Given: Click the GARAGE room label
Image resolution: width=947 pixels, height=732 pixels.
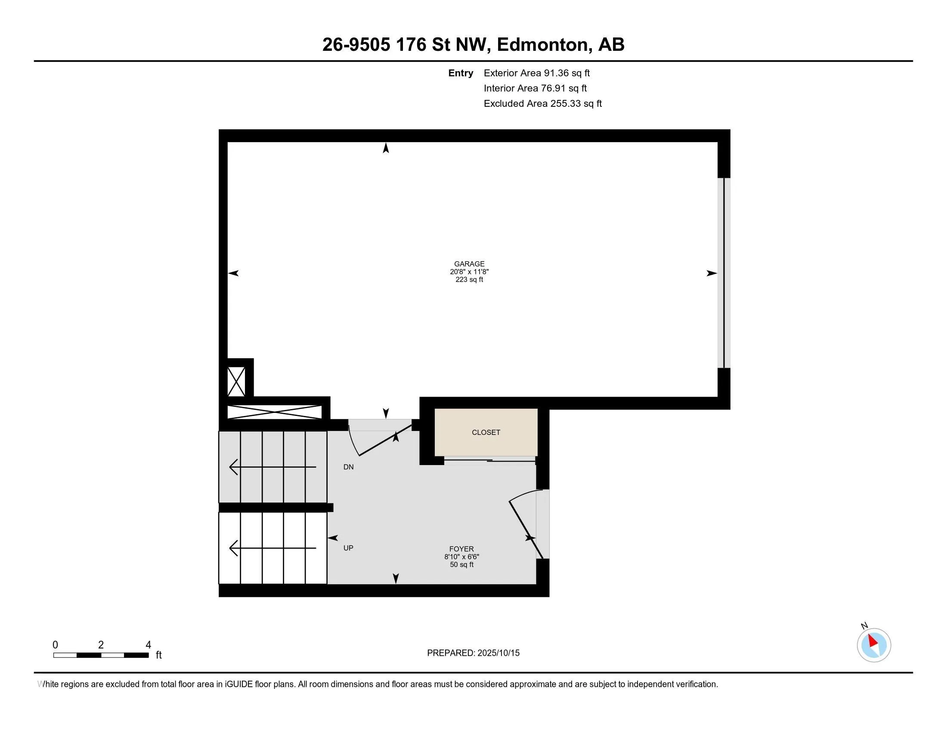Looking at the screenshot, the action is point(469,264).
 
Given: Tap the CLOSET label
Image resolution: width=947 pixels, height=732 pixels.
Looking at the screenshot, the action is point(486,432).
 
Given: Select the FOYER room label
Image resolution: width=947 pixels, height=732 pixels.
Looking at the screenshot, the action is point(461,549).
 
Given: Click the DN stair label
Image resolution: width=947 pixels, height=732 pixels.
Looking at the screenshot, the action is point(349,467).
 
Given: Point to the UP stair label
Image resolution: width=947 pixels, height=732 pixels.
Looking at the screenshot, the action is point(348,548).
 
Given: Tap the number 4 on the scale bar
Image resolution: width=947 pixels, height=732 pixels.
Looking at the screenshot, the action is point(149,645).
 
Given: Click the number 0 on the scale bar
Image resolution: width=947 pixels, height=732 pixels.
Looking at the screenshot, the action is point(55,645).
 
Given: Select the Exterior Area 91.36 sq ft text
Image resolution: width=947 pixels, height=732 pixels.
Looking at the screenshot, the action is point(537,73).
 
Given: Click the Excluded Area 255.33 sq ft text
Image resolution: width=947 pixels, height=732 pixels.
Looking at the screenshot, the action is point(543,104).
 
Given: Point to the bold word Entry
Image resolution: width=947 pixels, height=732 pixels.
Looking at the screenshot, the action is point(461,73).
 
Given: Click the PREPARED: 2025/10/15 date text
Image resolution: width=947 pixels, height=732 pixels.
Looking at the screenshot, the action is point(473,653).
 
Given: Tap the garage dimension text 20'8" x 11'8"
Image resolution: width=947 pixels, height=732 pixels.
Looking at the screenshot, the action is point(469,272).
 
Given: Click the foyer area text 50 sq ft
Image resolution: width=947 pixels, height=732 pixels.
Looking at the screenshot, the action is point(461,565).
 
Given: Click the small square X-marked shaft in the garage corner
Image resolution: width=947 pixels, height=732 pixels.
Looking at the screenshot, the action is point(236,382).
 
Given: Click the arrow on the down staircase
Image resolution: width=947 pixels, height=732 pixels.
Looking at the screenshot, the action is point(272,467).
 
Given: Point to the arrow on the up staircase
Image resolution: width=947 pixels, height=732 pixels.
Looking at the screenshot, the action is point(272,548).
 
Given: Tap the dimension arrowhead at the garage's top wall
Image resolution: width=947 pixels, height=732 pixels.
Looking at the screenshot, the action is point(386,148).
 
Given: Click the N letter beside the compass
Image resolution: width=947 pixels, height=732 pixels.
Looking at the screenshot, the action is point(864,626).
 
